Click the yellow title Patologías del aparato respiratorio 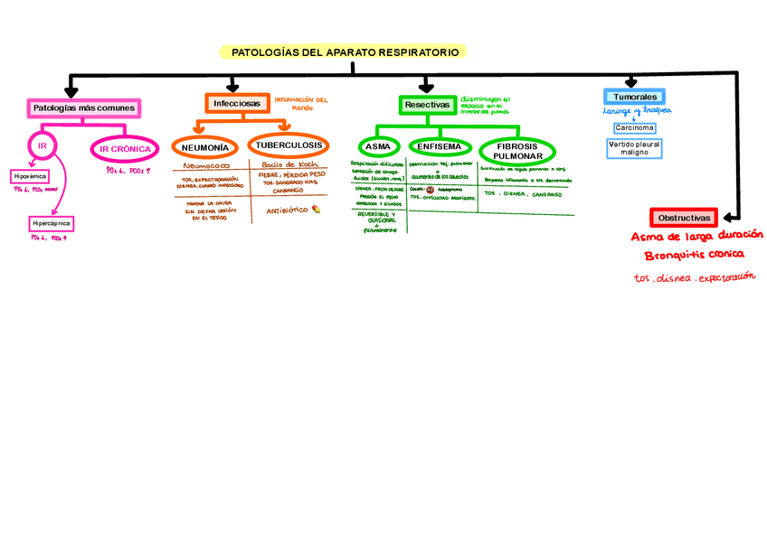coord(344,52)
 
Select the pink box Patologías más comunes coord(83,107)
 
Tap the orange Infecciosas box coord(237,104)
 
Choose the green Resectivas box coord(427,105)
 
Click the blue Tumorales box coord(633,97)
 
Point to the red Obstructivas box coord(684,219)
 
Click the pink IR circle coord(42,145)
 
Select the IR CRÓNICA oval coord(125,149)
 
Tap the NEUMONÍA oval coord(204,147)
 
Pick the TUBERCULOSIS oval coord(288,145)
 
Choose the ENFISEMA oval coord(440,146)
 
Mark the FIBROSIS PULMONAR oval coord(517,150)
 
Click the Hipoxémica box coord(31,176)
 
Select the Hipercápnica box coord(51,222)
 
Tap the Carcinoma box coord(634,127)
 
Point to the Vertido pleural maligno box coord(634,147)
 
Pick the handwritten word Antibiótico coord(287,210)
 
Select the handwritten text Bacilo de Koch coord(287,165)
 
